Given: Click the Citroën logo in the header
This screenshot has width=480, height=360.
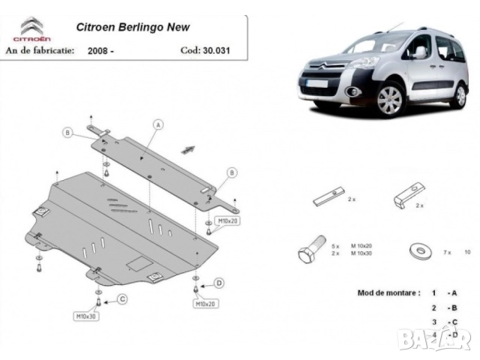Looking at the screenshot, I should coord(31,28).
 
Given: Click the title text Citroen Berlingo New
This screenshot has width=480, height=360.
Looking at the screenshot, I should coord(133,27).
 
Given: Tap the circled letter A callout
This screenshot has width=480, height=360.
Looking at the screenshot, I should coord(158,124).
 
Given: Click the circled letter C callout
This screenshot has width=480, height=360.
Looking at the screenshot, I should coord(121,300).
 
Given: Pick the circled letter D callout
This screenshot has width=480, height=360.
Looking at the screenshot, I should coord(219,283).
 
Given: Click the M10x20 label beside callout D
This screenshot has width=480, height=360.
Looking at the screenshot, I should coord(205,304).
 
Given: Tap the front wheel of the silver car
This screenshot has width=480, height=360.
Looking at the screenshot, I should coord(391,100).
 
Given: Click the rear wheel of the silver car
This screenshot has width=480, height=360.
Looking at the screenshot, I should coord(459,94).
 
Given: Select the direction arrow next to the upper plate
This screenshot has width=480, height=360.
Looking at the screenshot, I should coord(187,148).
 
